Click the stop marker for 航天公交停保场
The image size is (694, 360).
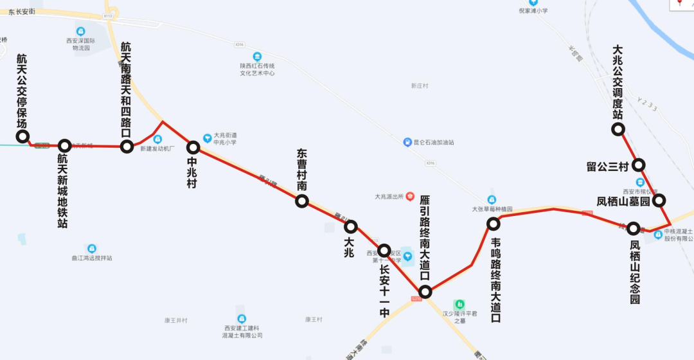[22, 136]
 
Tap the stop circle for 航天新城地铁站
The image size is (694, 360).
[64, 146]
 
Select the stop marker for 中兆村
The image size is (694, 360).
[193, 147]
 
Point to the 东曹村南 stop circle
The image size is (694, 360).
[301, 201]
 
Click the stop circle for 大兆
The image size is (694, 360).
[350, 226]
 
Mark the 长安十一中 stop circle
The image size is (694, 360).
[384, 250]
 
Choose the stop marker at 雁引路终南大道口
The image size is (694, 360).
[425, 292]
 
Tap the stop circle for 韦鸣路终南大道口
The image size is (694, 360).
[493, 224]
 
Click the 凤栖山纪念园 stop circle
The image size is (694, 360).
[634, 228]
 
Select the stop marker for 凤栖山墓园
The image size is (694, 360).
[659, 201]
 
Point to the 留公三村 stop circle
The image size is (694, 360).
[638, 165]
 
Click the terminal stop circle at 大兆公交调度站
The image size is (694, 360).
[618, 129]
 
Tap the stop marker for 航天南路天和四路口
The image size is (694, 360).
[126, 147]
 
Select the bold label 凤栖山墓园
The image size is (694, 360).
[623, 202]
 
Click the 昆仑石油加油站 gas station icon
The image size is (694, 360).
[407, 142]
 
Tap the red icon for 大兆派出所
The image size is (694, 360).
[410, 196]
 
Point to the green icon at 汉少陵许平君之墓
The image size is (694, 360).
[459, 303]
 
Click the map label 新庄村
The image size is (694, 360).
[420, 85]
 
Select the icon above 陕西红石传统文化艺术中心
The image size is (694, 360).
[257, 57]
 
